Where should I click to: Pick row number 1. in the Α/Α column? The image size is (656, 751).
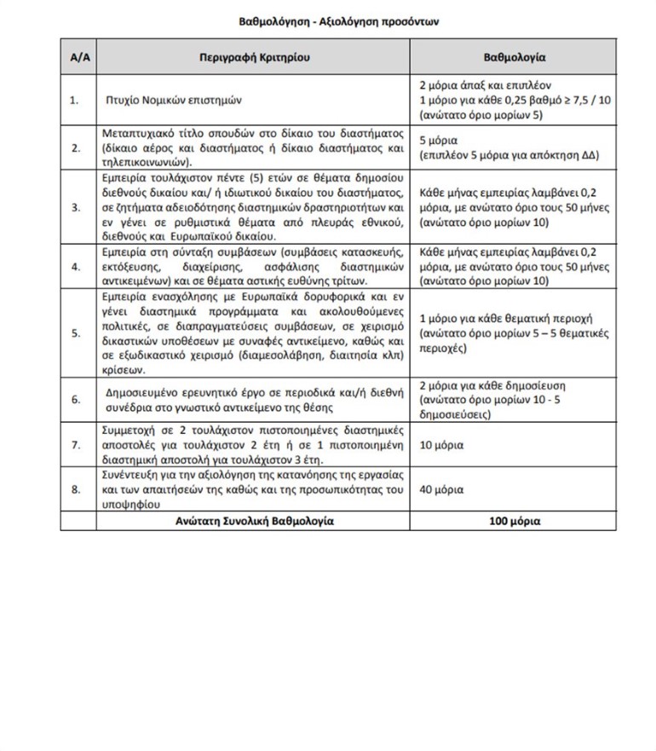[74, 100]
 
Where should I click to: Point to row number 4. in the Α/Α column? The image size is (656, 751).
[74, 267]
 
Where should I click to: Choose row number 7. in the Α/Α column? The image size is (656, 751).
[74, 445]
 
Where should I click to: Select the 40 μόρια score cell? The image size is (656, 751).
[442, 490]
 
